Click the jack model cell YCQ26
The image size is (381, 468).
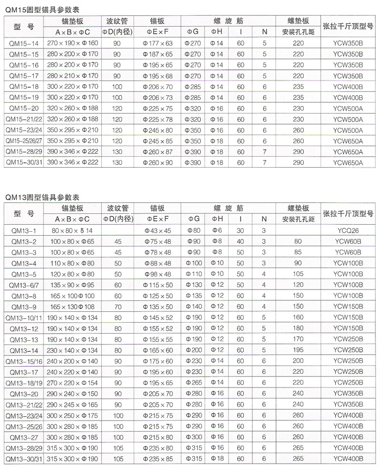(x=348, y=231)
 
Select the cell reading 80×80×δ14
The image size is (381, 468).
(x=73, y=231)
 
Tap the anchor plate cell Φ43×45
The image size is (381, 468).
(x=161, y=231)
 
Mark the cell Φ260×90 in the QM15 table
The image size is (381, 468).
(x=161, y=162)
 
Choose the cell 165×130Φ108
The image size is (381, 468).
(x=73, y=306)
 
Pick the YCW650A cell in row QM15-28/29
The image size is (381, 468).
(x=348, y=151)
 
